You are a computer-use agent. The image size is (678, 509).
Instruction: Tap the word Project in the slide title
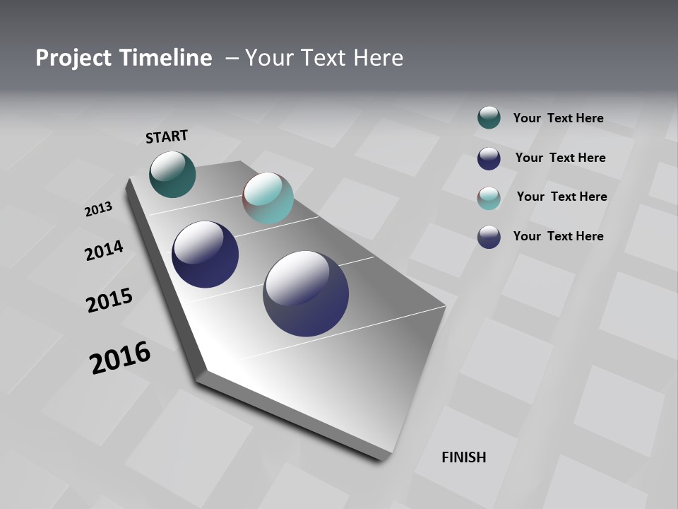[x=73, y=58]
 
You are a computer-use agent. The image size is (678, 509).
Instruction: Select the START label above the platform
[x=167, y=136]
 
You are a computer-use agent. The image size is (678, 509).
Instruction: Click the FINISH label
[x=464, y=457]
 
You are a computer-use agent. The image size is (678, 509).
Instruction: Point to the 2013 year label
[x=98, y=209]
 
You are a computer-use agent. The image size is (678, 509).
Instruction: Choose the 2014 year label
[x=104, y=250]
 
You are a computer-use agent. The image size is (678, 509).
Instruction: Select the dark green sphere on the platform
[x=172, y=174]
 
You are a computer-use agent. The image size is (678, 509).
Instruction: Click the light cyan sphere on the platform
[x=268, y=198]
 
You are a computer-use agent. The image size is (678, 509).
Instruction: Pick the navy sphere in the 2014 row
[x=205, y=255]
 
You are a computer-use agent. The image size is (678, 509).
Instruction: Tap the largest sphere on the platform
[x=306, y=293]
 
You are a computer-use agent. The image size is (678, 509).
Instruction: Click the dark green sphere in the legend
[x=489, y=118]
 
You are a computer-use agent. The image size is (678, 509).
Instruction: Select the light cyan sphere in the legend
[x=489, y=198]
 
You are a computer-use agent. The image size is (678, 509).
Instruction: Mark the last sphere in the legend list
[x=489, y=237]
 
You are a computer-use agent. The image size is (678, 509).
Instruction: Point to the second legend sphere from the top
[x=489, y=158]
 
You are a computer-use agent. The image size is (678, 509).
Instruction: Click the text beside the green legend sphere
[x=558, y=118]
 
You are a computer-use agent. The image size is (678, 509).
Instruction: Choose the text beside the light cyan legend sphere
[x=561, y=197]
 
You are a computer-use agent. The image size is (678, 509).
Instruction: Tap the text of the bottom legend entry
[x=558, y=236]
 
